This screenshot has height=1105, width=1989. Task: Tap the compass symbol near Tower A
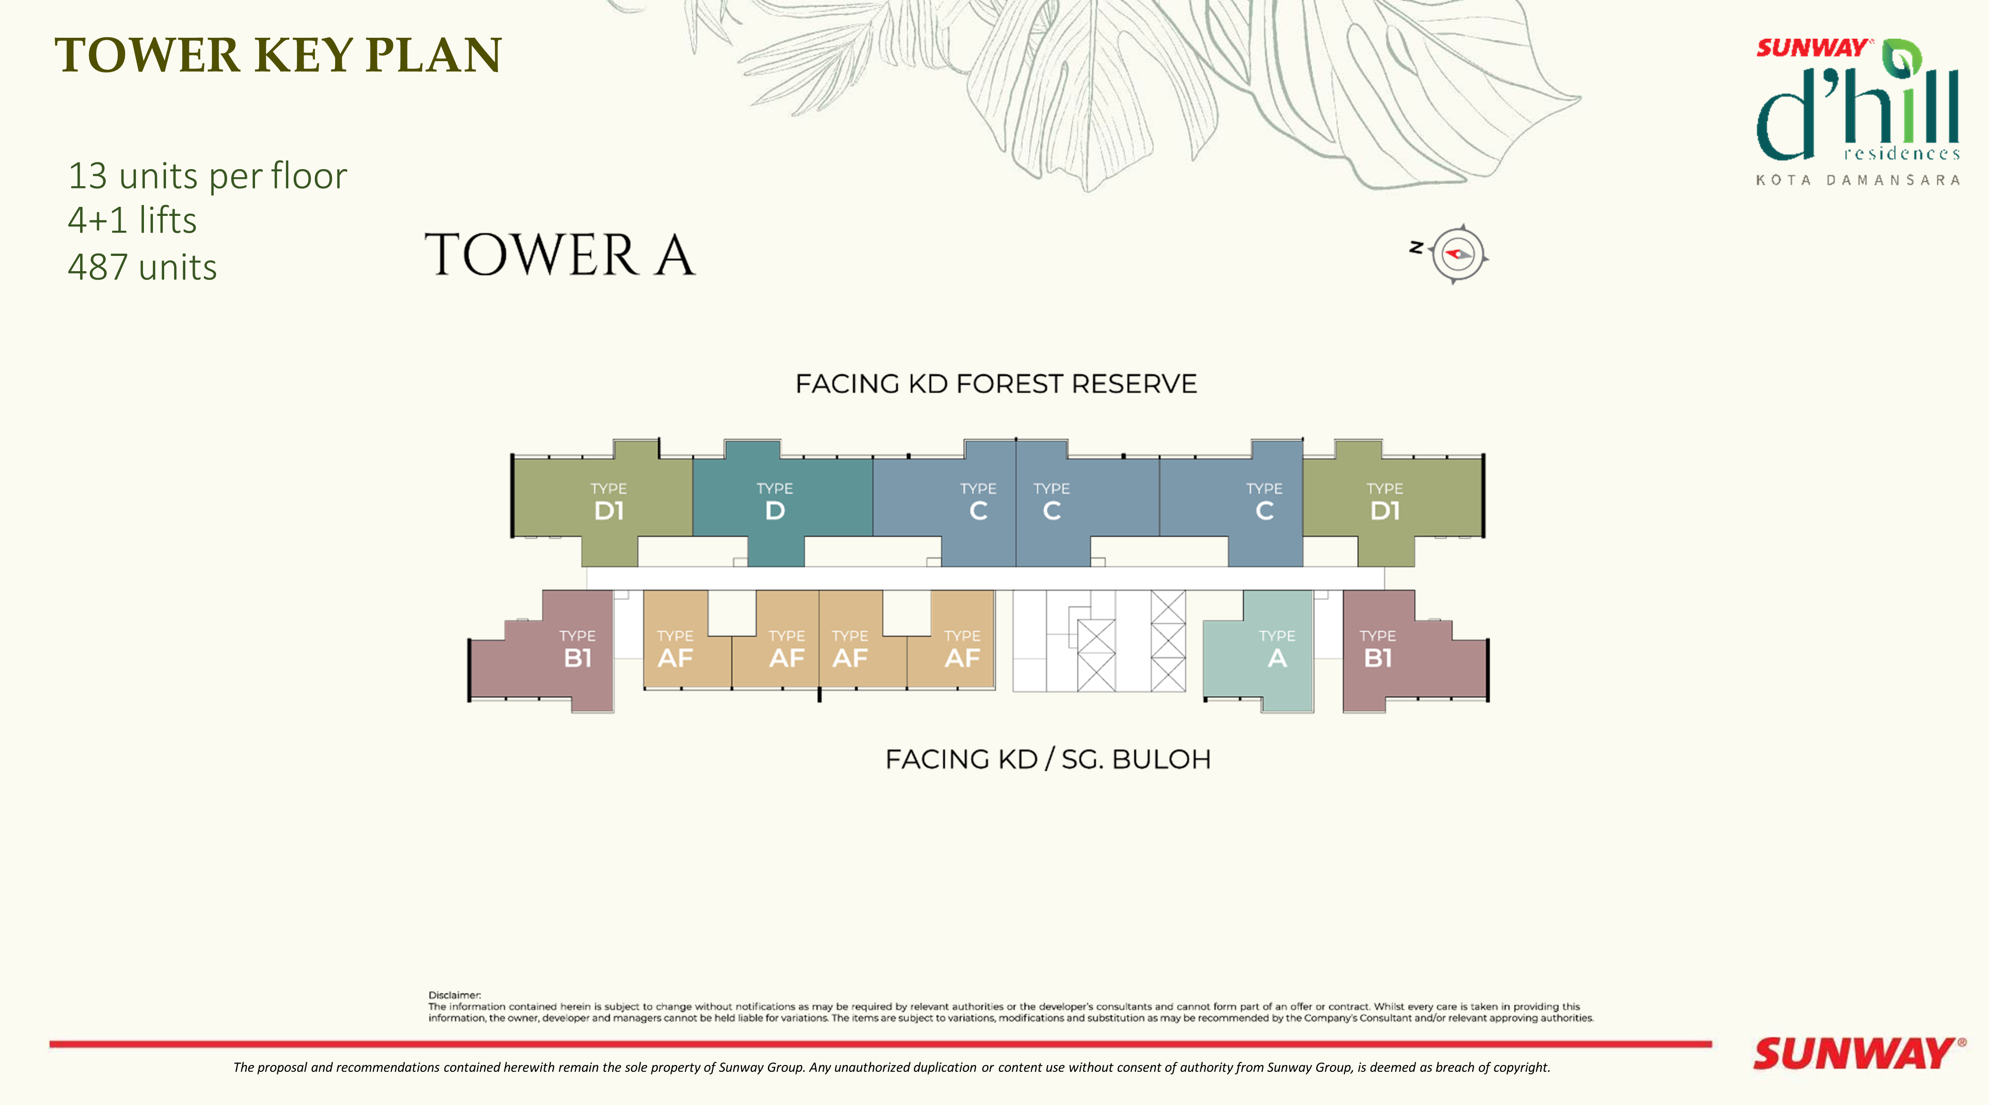click(x=1457, y=254)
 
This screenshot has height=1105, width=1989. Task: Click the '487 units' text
click(x=142, y=267)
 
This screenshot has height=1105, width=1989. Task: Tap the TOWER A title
click(x=560, y=255)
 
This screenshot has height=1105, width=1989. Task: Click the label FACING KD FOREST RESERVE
click(x=996, y=384)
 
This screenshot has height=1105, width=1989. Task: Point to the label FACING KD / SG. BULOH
click(x=1048, y=759)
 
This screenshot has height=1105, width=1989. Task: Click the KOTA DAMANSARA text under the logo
click(x=1858, y=180)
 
